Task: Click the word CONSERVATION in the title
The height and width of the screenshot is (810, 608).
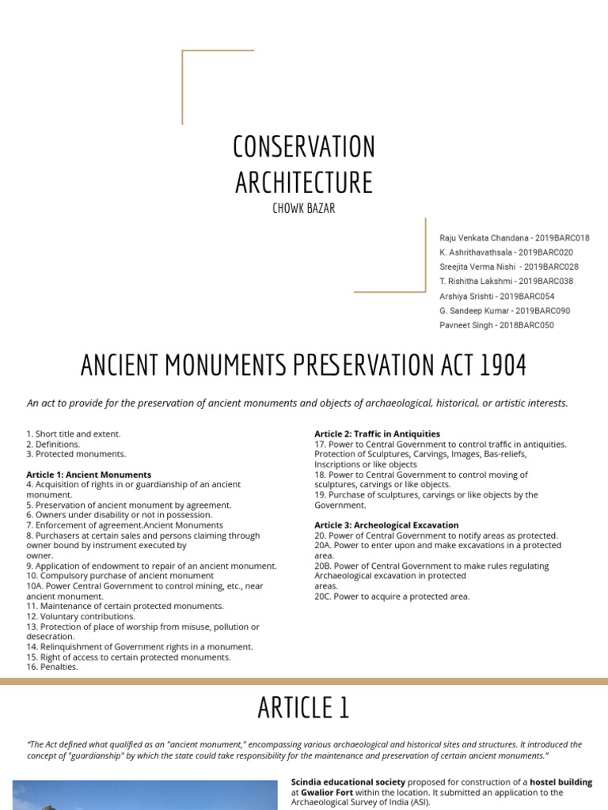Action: tap(304, 147)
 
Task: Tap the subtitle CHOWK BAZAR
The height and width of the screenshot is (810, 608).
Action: tap(304, 208)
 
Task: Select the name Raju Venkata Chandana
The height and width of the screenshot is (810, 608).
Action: tap(484, 238)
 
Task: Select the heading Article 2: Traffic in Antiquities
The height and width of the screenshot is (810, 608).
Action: tap(377, 433)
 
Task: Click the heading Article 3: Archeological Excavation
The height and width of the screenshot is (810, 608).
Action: tap(386, 524)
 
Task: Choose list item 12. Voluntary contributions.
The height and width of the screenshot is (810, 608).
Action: tap(80, 616)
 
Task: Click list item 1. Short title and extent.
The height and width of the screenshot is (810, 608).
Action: tap(73, 433)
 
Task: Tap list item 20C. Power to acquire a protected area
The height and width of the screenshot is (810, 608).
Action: tap(392, 596)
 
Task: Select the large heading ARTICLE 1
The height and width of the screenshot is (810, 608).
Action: tap(304, 708)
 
